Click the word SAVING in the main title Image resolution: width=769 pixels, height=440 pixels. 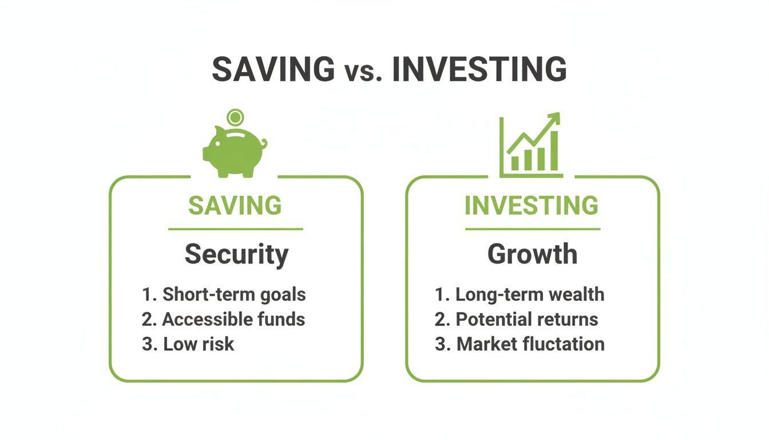click(273, 69)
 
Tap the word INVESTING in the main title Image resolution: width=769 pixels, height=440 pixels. click(479, 69)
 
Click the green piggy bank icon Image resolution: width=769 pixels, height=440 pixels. click(233, 151)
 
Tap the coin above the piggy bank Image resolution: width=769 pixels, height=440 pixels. click(234, 118)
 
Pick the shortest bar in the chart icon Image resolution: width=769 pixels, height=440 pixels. click(515, 163)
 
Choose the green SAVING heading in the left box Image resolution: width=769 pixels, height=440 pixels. click(235, 206)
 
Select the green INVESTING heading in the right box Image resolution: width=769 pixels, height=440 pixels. click(532, 206)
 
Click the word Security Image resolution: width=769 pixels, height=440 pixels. click(236, 254)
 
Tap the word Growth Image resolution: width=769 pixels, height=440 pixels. click(532, 254)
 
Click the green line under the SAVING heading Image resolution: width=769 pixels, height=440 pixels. click(235, 229)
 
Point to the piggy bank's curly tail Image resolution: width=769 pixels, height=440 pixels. click(263, 144)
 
